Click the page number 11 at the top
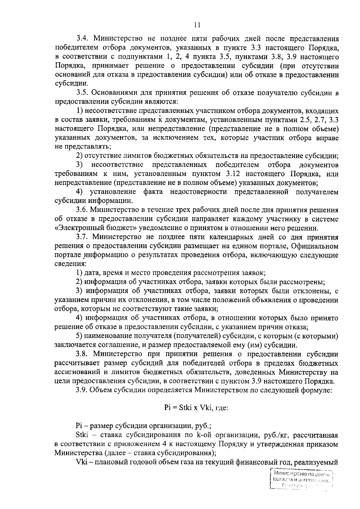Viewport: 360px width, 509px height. pos(197,25)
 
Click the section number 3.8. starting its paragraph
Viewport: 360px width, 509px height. pos(82,354)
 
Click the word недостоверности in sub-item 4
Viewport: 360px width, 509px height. pos(199,192)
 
